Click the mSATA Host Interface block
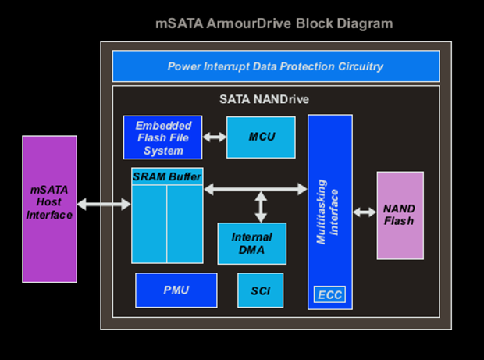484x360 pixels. pos(49,209)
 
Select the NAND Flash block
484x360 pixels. pos(400,216)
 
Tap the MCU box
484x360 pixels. pos(262,137)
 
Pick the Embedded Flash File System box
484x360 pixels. pos(163,137)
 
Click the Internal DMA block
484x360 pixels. pos(251,243)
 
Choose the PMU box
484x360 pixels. pos(176,290)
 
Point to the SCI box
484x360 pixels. pos(260,290)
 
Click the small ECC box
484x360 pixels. pos(329,295)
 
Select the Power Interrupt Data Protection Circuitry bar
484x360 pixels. pos(276,66)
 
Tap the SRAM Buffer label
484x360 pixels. pos(167,176)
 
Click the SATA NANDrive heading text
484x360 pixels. pos(265,100)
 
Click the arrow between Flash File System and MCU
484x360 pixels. pos(214,137)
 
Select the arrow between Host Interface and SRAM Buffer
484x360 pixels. pos(104,205)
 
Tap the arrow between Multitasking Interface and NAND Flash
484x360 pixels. pos(365,212)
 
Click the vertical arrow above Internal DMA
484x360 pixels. pos(261,205)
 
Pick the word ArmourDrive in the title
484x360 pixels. pos(251,23)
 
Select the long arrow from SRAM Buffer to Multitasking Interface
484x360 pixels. pos(255,188)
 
